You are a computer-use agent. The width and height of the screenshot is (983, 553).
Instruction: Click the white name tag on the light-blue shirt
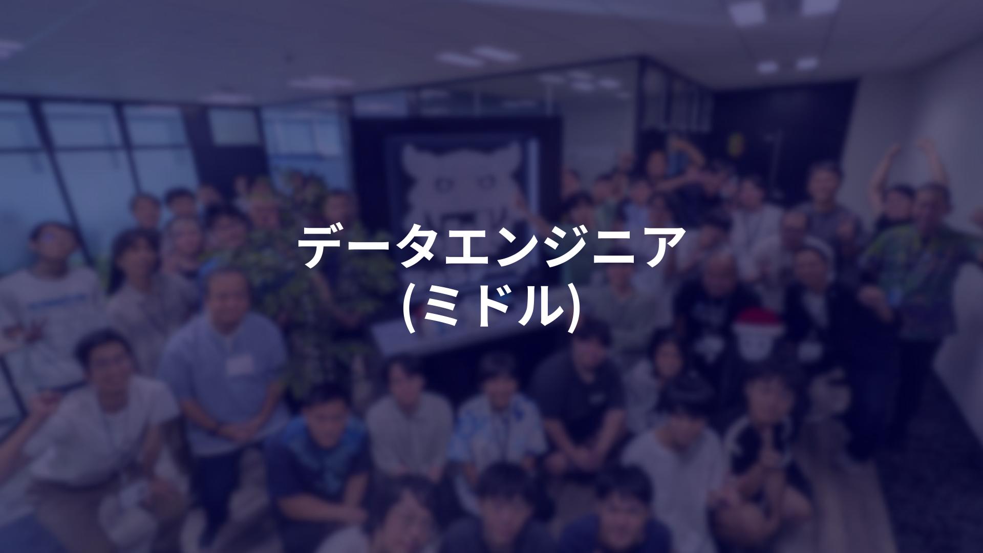pyautogui.click(x=240, y=364)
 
